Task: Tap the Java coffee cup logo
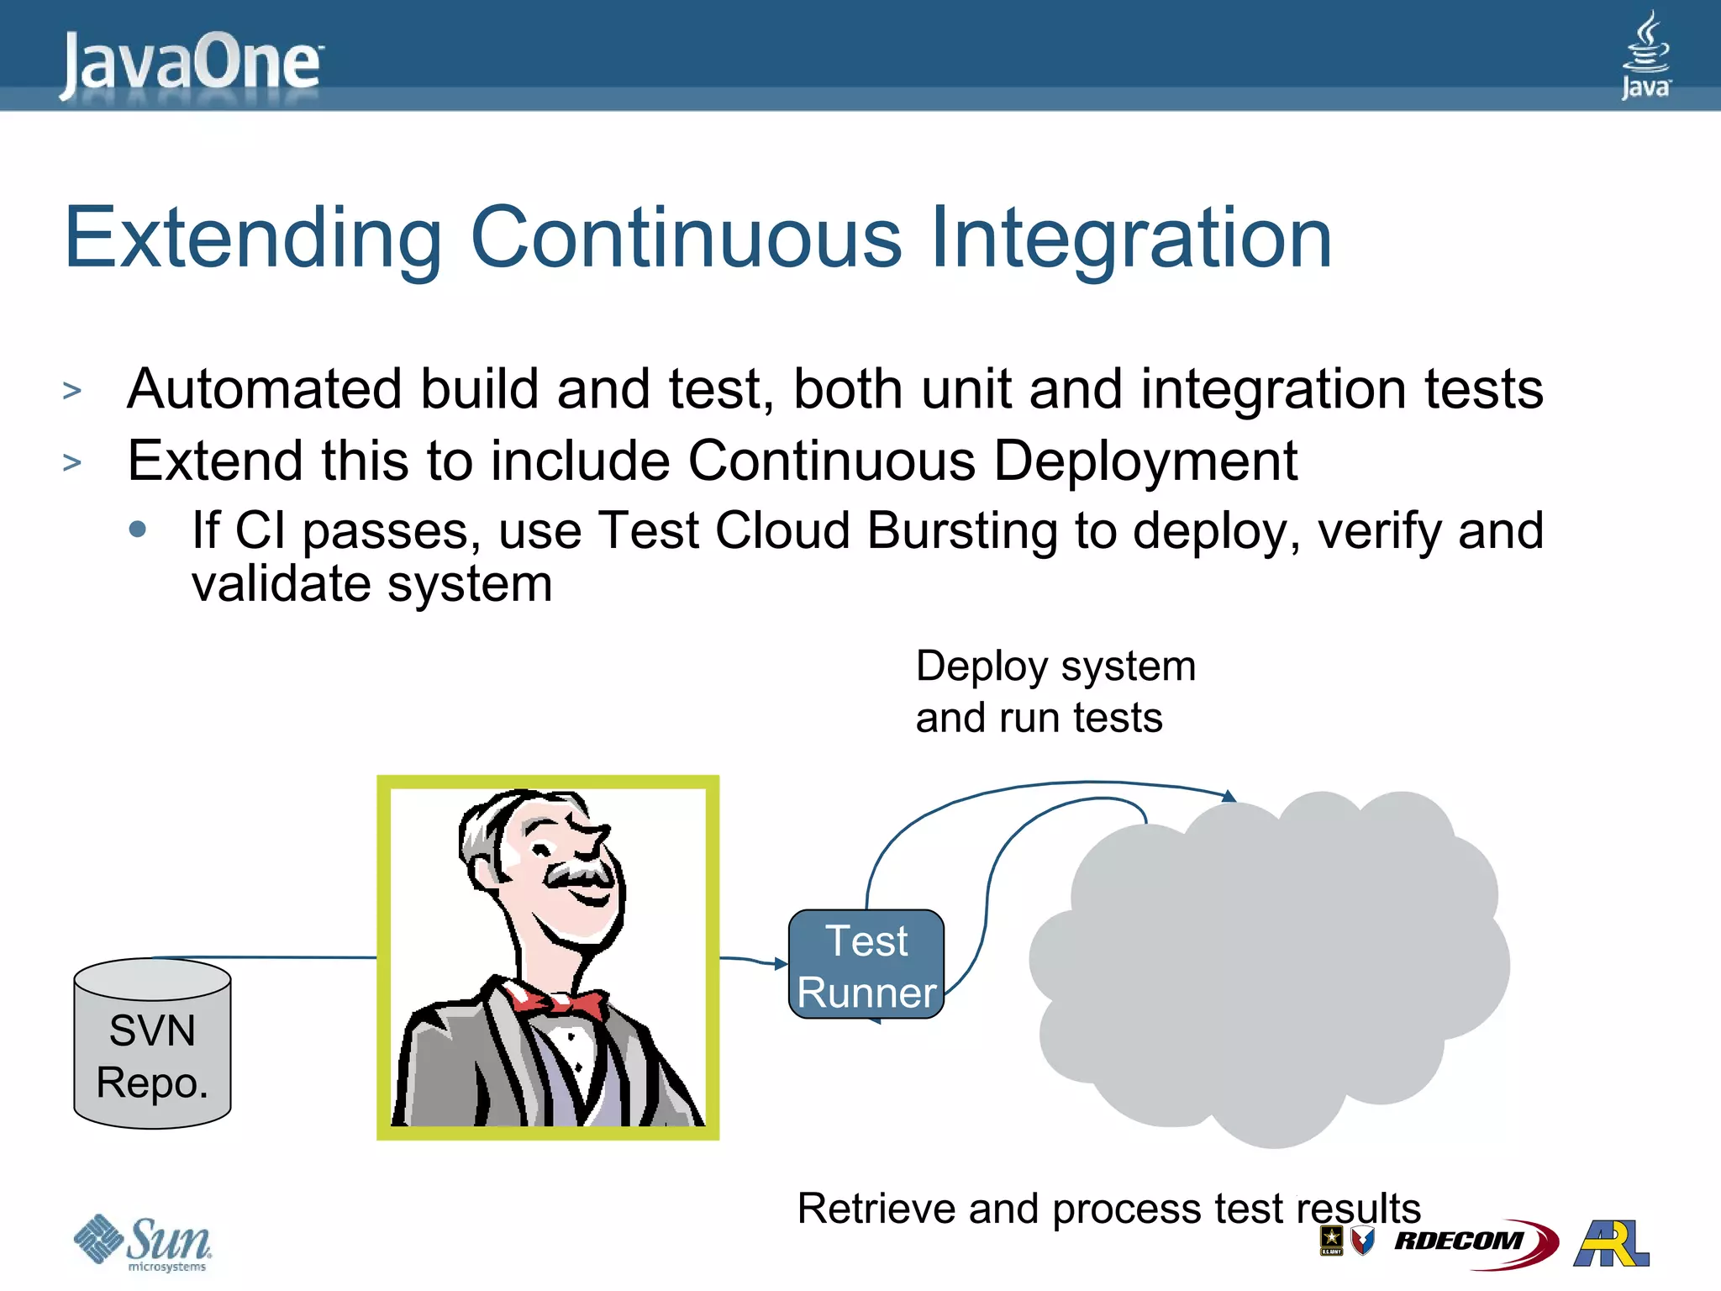pos(1645,54)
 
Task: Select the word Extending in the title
pos(252,240)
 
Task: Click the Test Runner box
pos(866,965)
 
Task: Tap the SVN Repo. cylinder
pos(152,1044)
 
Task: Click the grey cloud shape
pos(1269,967)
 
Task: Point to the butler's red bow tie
pos(558,1001)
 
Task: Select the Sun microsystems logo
pos(143,1242)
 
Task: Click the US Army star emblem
pos(1331,1239)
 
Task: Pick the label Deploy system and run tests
pos(1055,692)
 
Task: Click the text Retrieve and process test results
pos(1108,1209)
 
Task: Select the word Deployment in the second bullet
pos(1145,461)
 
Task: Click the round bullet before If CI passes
pos(139,530)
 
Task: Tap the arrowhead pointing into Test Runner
pos(781,963)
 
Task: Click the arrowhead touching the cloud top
pos(1229,796)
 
